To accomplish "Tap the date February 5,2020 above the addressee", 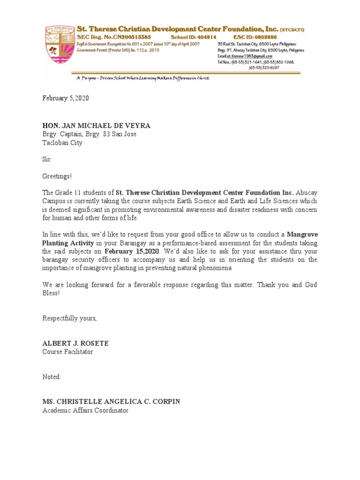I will pos(66,98).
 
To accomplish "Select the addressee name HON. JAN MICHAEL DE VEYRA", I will pos(97,126).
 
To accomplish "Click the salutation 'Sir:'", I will pos(48,159).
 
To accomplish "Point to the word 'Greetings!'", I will pos(58,176).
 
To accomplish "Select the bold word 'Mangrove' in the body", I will pos(302,234).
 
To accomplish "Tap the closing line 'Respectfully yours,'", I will pos(70,318).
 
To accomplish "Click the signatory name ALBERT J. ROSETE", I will pos(75,344).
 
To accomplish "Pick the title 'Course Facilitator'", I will pos(67,352).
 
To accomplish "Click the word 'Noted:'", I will pos(52,377).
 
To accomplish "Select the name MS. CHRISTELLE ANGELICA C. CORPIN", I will pos(111,402).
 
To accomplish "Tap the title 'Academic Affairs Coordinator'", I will pos(85,411).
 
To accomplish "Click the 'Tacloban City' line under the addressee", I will pos(62,143).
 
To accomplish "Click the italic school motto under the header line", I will pos(143,78).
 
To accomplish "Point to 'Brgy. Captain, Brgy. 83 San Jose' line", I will pos(90,135).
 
